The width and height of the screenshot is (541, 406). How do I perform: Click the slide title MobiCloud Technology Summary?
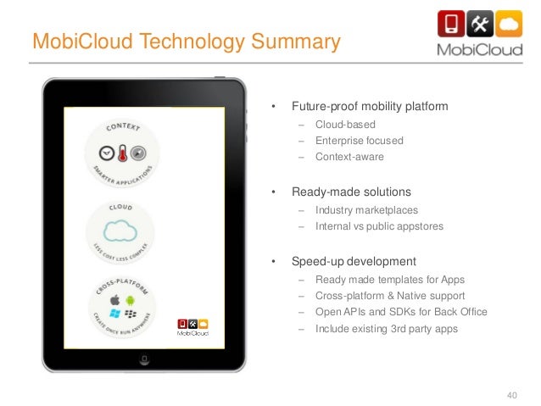(186, 41)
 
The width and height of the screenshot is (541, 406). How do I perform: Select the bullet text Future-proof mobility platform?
(370, 108)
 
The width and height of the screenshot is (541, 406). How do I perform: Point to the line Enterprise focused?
(359, 141)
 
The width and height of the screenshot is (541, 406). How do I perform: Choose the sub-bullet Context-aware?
(349, 157)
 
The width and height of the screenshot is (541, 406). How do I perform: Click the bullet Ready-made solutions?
(352, 192)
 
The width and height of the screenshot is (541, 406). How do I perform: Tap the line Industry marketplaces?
(366, 209)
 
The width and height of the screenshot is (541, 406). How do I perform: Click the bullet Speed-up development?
(354, 261)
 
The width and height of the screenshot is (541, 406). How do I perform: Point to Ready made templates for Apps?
(389, 280)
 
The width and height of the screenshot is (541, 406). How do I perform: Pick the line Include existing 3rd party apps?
(386, 328)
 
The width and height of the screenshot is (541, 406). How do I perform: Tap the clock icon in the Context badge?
(106, 153)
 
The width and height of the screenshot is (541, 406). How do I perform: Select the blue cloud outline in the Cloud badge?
(120, 231)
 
